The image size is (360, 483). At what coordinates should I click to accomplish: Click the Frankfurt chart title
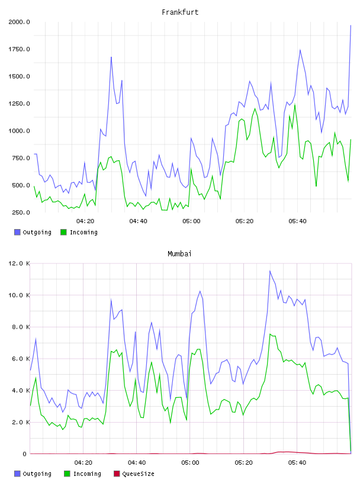pos(180,12)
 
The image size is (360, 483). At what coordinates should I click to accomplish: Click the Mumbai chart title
pos(179,253)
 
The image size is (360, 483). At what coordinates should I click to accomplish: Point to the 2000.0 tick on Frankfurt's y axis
pos(19,22)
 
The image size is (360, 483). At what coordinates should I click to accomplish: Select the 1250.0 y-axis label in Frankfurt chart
pos(19,104)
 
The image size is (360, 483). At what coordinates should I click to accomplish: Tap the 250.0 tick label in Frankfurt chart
pos(21,212)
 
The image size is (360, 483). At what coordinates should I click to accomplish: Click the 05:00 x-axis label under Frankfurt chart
pos(191,221)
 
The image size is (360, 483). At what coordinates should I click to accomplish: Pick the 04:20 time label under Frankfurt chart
pos(85,221)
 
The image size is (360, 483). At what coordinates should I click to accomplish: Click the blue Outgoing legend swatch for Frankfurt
pos(17,232)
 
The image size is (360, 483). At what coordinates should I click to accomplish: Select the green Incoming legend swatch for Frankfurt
pos(63,232)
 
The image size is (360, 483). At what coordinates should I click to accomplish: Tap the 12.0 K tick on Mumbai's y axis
pos(19,263)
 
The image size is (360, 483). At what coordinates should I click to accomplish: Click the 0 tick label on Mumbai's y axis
pos(24,454)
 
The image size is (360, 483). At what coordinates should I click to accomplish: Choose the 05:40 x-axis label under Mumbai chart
pos(297,463)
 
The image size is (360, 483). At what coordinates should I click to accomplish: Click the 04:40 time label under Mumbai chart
pos(137,463)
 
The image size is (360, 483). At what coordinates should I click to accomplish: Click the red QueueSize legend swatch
pos(117,474)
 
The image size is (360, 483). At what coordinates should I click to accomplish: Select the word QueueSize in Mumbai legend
pos(138,474)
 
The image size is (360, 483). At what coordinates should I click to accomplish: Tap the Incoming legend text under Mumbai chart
pos(87,474)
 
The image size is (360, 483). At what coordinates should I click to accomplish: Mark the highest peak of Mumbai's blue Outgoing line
pos(269,271)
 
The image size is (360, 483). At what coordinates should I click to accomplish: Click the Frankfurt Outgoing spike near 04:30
pos(111,57)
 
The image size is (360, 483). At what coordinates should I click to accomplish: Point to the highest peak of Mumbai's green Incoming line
pos(270,334)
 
